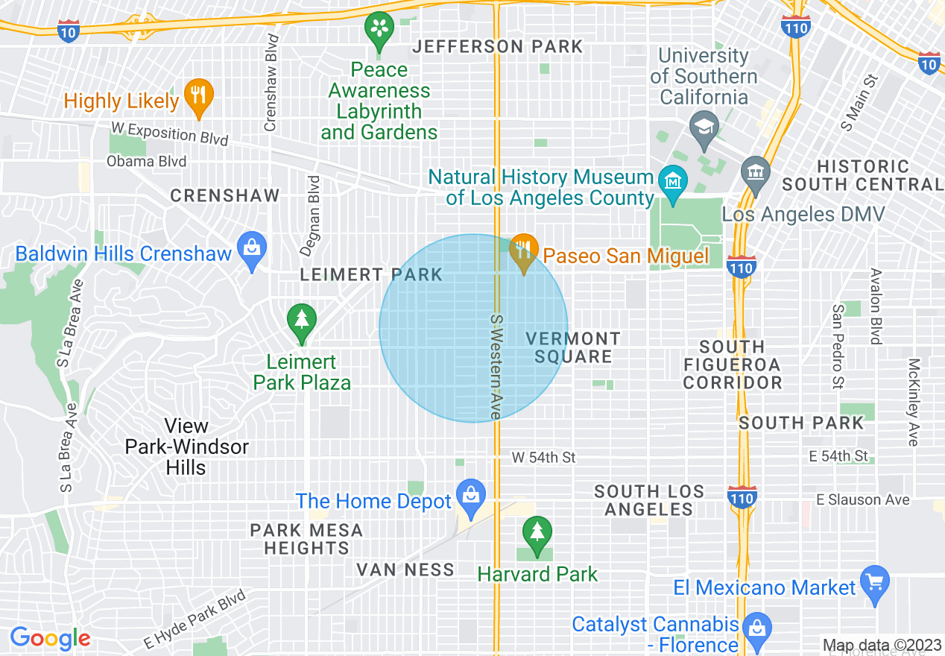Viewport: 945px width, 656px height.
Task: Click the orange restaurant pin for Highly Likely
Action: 197,96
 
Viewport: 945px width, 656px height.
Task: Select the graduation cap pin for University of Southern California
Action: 704,125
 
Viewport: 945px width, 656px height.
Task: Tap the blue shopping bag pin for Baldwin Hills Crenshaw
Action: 252,246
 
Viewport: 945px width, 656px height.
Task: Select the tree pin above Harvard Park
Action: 536,533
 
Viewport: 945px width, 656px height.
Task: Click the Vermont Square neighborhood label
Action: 572,347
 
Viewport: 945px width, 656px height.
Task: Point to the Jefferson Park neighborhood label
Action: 498,46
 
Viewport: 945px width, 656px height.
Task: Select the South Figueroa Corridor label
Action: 733,365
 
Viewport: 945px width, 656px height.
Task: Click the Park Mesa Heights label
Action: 306,539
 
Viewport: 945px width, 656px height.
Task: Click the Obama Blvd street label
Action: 147,161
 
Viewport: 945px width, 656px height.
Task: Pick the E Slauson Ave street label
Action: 863,500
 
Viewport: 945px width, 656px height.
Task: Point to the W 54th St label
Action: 544,457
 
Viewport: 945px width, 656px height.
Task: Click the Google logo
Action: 50,638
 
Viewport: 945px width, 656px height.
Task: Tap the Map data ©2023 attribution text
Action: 882,645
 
